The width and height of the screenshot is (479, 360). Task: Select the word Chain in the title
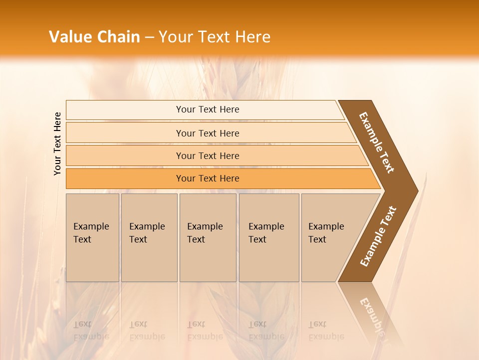coord(118,37)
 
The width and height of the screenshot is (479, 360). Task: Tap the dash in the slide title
coord(149,37)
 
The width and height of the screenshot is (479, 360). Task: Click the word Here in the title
coord(252,37)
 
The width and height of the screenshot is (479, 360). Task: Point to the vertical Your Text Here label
coord(57,143)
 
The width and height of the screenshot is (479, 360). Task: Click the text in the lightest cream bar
coord(208,109)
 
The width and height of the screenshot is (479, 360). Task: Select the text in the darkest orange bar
coord(208,178)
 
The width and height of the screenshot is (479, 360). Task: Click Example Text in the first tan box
coord(91,233)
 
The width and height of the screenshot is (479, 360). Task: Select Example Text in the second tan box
coord(147,233)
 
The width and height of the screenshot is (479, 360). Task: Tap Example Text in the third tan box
coord(205,233)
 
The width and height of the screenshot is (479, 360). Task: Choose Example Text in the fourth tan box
coord(266,233)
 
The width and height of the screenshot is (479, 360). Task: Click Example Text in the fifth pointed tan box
coord(326,233)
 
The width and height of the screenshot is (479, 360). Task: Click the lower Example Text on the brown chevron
coord(378,236)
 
